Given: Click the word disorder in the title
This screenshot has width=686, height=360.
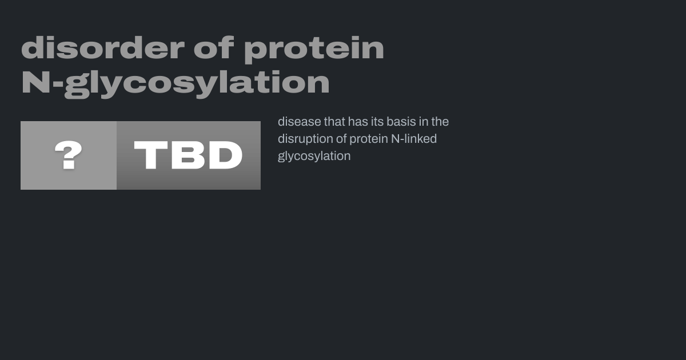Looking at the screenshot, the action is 103,48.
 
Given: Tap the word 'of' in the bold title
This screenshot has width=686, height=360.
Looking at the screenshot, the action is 214,48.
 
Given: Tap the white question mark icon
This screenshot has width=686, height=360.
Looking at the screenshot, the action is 68,155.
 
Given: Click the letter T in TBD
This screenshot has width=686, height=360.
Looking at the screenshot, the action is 151,155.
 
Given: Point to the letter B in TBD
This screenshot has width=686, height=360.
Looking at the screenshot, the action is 188,155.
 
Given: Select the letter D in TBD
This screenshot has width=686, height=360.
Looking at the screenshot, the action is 226,155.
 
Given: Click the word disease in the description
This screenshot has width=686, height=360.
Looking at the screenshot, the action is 299,122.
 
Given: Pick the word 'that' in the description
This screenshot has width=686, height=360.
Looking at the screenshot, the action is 334,122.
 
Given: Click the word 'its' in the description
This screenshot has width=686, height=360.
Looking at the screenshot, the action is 376,122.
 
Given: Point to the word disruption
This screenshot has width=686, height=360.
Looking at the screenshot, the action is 305,139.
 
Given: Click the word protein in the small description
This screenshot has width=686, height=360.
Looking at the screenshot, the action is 369,139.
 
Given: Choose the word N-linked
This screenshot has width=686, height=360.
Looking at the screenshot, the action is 414,139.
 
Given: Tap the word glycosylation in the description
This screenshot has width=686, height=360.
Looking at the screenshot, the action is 314,157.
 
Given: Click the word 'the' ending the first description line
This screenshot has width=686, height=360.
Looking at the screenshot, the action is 440,122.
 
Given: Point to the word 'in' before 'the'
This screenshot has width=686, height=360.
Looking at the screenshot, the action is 424,122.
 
